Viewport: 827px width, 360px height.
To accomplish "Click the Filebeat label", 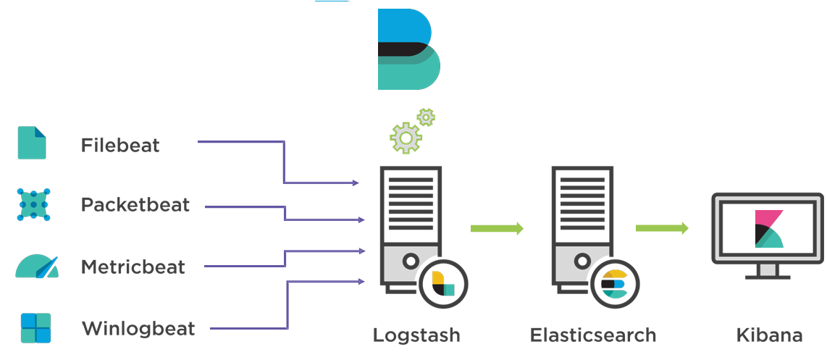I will click(x=120, y=145).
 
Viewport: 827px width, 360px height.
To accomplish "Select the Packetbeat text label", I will click(x=135, y=205).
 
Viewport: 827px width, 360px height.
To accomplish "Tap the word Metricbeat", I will click(x=133, y=267).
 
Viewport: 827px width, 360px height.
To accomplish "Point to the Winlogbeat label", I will click(x=138, y=329).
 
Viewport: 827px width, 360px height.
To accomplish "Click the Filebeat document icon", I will click(x=32, y=143).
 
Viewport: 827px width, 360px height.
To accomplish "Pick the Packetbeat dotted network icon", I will click(x=33, y=204).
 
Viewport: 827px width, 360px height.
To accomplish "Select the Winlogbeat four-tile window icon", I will click(x=35, y=328).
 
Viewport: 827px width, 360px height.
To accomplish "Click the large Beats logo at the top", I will click(x=408, y=49).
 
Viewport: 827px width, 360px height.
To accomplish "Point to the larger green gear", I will click(x=406, y=137).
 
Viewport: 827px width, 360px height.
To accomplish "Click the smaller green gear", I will click(x=427, y=117).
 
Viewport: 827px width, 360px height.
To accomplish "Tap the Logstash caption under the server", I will click(x=416, y=335).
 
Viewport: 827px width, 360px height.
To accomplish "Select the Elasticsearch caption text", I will click(x=593, y=335).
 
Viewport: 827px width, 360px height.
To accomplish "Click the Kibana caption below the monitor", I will click(x=769, y=335).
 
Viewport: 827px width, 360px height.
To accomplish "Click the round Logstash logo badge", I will click(x=442, y=283).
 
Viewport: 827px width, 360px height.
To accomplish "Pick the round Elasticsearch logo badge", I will click(x=613, y=283).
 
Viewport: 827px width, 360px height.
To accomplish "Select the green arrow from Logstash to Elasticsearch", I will click(x=497, y=229).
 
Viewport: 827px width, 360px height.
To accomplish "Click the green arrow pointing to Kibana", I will click(x=662, y=229).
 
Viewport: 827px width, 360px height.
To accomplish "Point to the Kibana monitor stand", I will click(x=768, y=272).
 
